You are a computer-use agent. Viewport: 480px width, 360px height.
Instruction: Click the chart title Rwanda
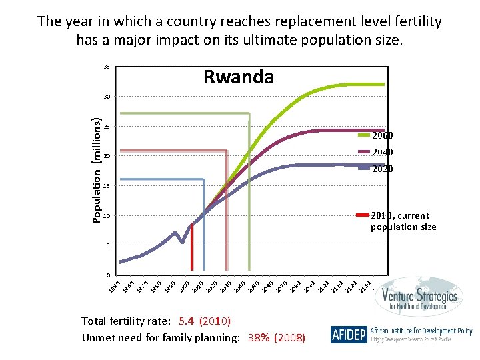click(238, 77)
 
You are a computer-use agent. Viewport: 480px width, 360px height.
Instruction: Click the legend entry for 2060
click(383, 136)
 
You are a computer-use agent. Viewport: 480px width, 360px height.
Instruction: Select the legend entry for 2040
click(383, 152)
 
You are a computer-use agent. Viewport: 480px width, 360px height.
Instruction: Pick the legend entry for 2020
click(383, 169)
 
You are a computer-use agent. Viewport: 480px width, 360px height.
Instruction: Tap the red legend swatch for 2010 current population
click(362, 215)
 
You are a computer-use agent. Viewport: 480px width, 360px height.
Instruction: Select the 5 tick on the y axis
click(107, 245)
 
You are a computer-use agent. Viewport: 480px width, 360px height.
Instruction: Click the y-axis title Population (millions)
click(97, 171)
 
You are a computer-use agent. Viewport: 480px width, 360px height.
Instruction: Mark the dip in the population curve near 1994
click(182, 243)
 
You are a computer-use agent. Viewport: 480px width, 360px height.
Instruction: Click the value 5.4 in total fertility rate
click(187, 321)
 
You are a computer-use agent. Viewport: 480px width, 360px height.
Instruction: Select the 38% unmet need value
click(259, 338)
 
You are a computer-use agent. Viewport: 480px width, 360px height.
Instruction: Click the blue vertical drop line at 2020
click(203, 227)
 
